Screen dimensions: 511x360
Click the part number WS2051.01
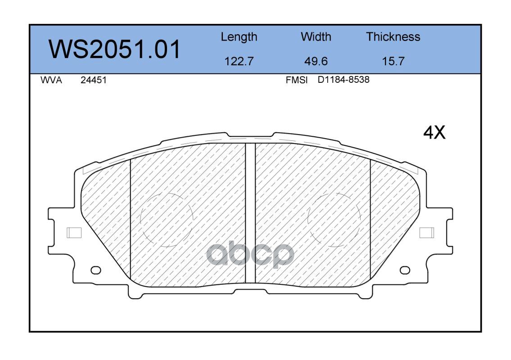click(114, 49)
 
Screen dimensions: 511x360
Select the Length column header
click(239, 37)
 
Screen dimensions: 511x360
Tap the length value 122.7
click(239, 61)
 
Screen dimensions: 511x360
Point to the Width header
click(316, 36)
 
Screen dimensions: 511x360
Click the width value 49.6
click(316, 61)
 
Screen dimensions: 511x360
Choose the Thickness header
click(393, 36)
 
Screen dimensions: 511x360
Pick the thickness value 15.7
click(393, 61)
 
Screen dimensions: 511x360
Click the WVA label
click(51, 80)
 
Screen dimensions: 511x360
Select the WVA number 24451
click(94, 80)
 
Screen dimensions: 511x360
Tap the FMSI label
click(297, 80)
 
